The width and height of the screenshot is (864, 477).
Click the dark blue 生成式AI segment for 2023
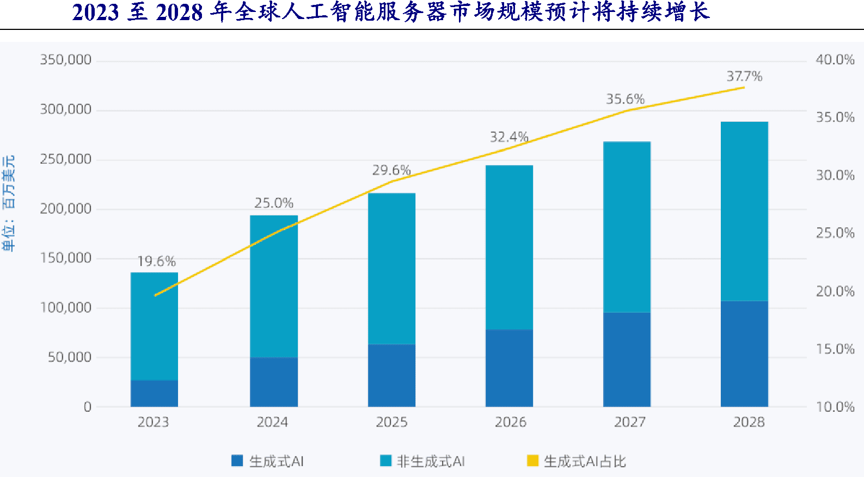pyautogui.click(x=154, y=393)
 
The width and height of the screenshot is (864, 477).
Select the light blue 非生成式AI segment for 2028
pyautogui.click(x=744, y=211)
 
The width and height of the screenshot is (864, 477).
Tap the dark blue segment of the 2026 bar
pyautogui.click(x=509, y=368)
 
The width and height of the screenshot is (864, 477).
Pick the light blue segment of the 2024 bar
pyautogui.click(x=274, y=286)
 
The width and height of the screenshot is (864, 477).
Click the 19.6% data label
pyautogui.click(x=156, y=262)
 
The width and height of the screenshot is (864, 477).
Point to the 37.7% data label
pyautogui.click(x=744, y=77)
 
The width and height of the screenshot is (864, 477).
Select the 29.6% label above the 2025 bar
pyautogui.click(x=391, y=170)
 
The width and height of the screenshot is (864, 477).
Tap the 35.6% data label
pyautogui.click(x=625, y=99)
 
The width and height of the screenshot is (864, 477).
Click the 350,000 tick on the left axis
pyautogui.click(x=65, y=60)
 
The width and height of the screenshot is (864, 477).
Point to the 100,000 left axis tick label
pyautogui.click(x=65, y=308)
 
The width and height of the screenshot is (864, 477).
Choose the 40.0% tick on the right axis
pyautogui.click(x=835, y=60)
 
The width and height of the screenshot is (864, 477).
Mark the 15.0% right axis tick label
pyautogui.click(x=835, y=349)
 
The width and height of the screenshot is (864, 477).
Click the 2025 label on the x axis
pyautogui.click(x=391, y=422)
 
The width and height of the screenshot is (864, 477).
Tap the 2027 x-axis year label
pyautogui.click(x=629, y=422)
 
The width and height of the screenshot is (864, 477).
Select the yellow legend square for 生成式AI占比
pyautogui.click(x=532, y=461)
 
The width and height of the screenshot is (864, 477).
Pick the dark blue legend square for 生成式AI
pyautogui.click(x=237, y=461)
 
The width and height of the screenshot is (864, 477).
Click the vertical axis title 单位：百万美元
pyautogui.click(x=9, y=203)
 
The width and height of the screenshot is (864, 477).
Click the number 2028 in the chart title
pyautogui.click(x=179, y=13)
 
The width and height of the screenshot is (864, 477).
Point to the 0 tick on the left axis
pyautogui.click(x=87, y=407)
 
